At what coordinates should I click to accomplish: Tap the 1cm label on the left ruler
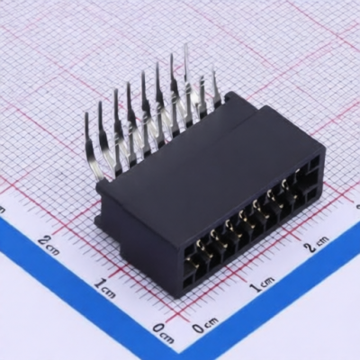click(x=104, y=287)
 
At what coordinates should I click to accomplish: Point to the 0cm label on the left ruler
click(x=163, y=333)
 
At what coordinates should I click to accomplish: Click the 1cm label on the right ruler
click(x=263, y=283)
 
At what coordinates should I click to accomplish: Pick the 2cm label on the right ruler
click(x=316, y=244)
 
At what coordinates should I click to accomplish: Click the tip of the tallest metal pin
click(x=185, y=45)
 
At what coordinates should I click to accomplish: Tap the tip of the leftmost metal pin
click(x=86, y=114)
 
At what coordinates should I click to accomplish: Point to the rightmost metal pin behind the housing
click(x=215, y=87)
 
